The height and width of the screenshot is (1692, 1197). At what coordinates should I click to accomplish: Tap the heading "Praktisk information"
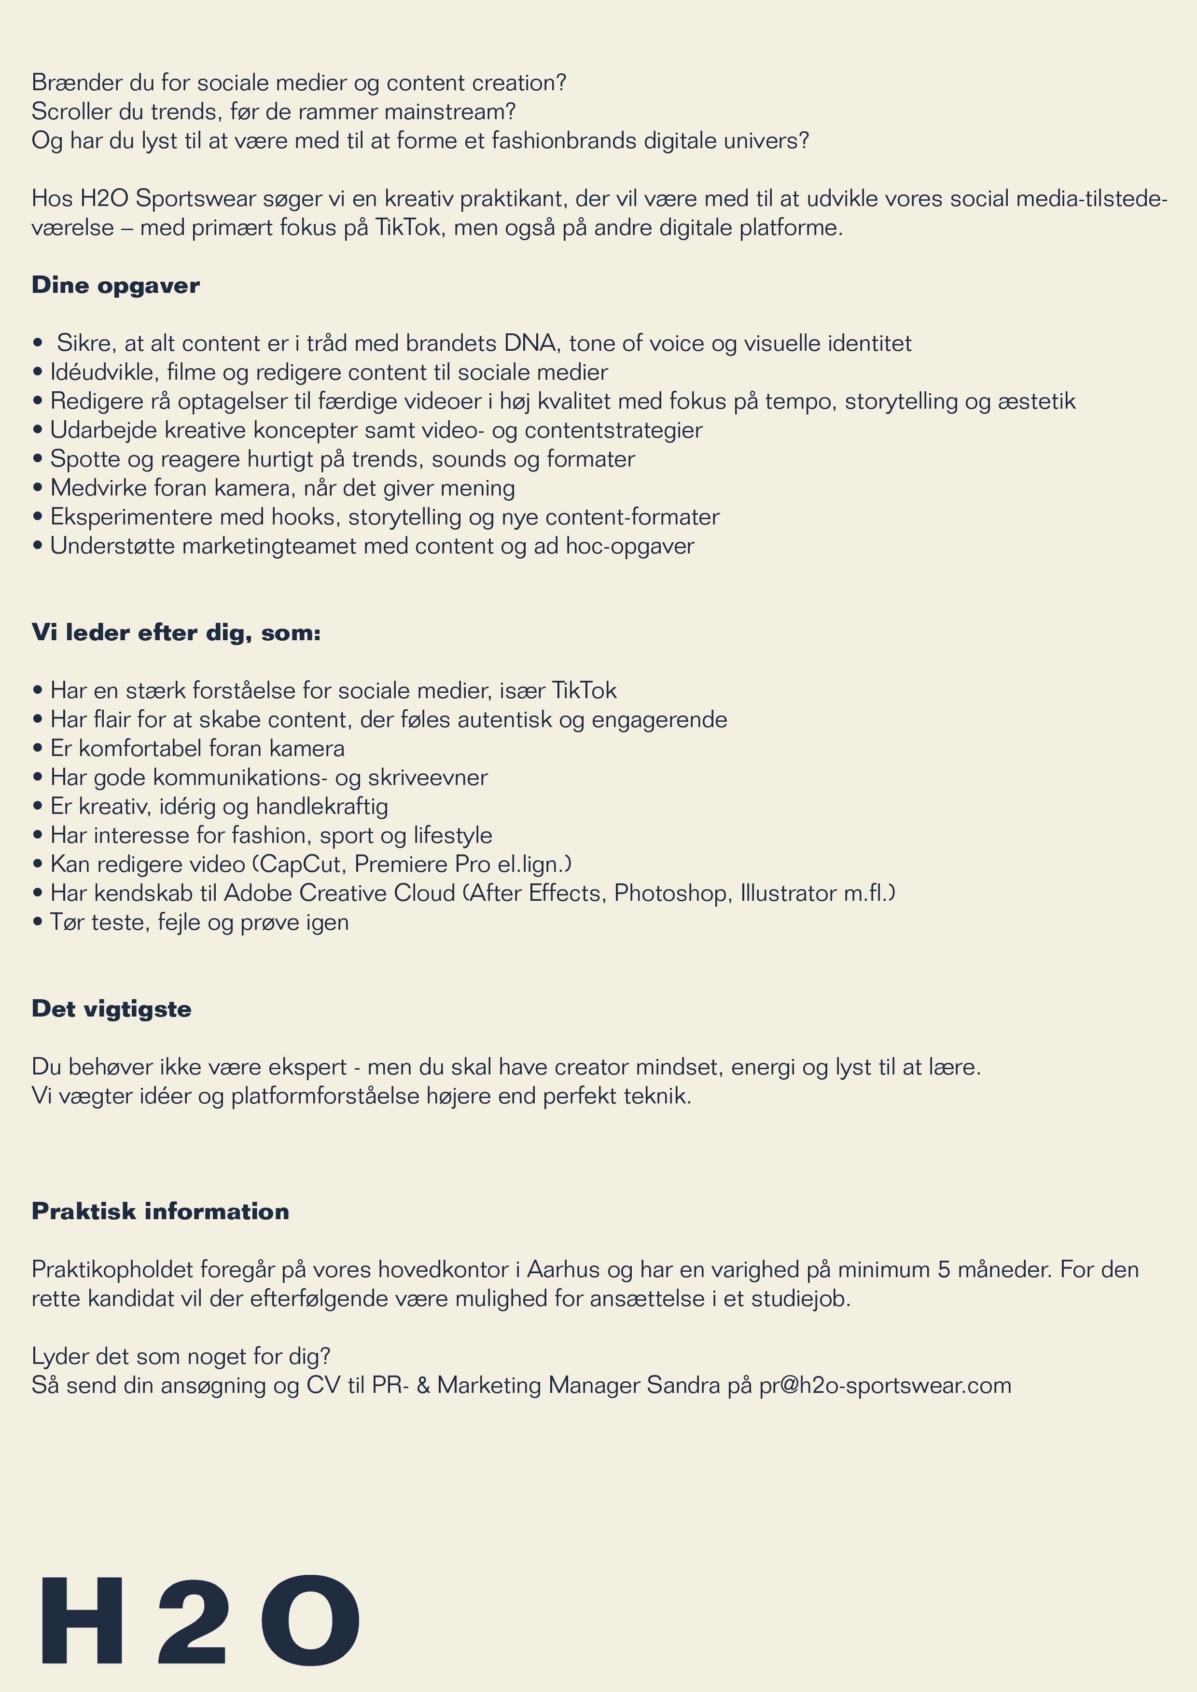[160, 1211]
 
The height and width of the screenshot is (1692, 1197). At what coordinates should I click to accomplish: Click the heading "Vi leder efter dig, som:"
[176, 633]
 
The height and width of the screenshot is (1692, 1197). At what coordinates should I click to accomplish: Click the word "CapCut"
[300, 865]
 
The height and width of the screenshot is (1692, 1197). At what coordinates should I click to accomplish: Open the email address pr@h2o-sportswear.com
[885, 1386]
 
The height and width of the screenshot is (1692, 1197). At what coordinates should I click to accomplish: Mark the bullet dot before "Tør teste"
[38, 922]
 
